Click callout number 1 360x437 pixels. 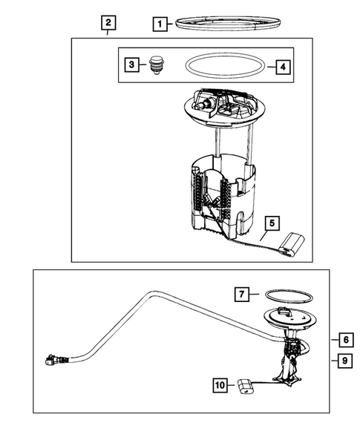pos(160,24)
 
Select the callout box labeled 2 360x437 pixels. pos(108,22)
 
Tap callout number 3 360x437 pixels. pos(131,65)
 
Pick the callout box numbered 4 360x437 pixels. pos(283,68)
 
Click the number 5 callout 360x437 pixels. pos(272,223)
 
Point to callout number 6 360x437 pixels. pos(347,340)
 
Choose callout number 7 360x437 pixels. pos(241,294)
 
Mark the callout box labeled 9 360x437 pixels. pos(345,361)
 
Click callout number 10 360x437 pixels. pos(220,386)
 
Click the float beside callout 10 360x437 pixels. pos(246,386)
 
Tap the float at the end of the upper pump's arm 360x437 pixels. pos(292,244)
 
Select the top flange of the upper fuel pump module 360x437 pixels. pos(225,108)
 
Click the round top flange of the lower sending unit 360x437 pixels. pos(289,318)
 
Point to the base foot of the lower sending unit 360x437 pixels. pos(287,380)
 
